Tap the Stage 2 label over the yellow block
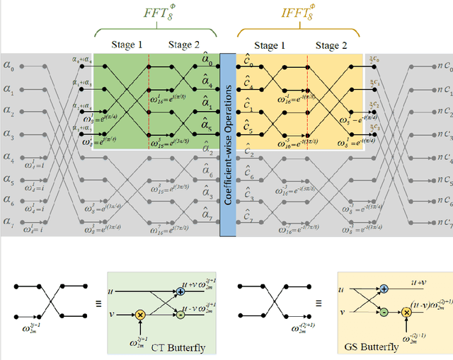(327, 46)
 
